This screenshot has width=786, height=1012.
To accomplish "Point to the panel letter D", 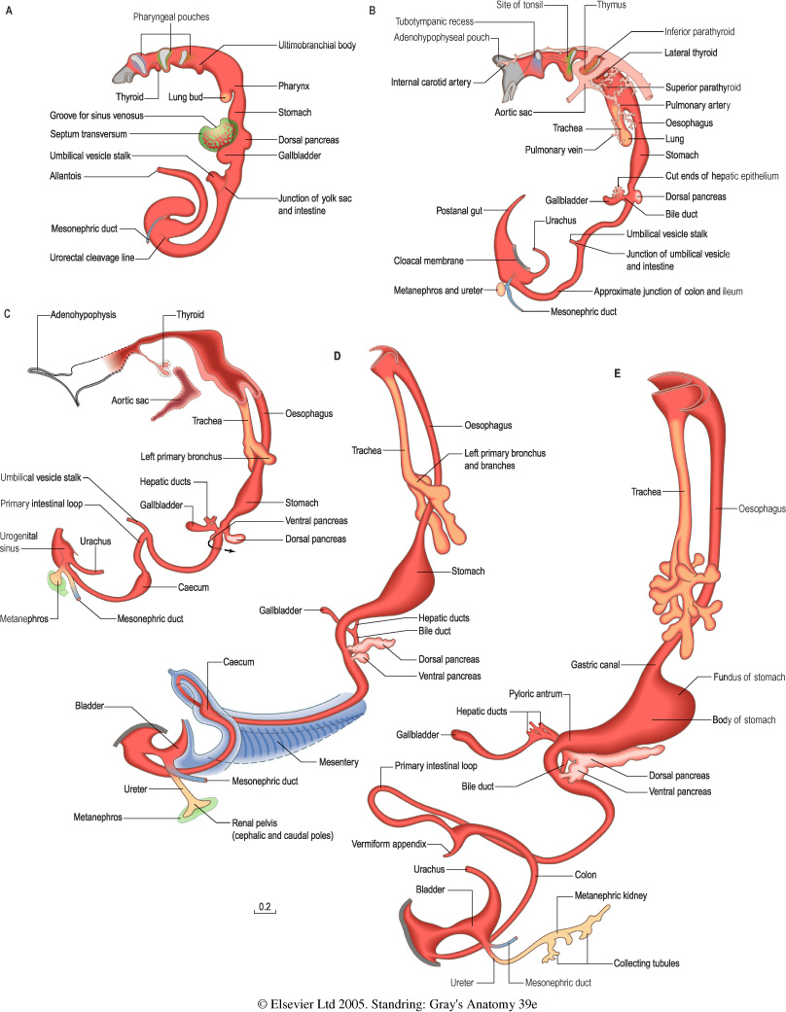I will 338,356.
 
